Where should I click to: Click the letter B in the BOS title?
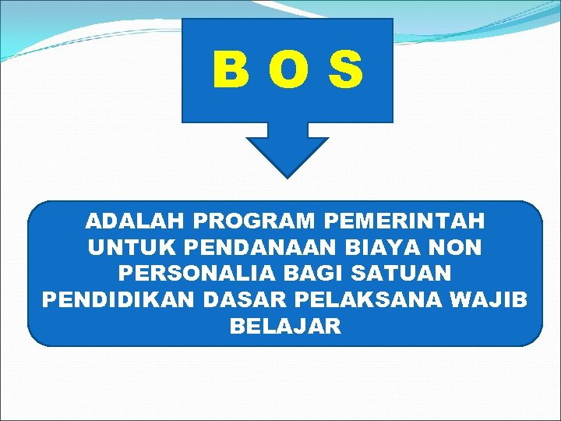[x=231, y=70]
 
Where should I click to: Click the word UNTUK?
[x=132, y=248]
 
